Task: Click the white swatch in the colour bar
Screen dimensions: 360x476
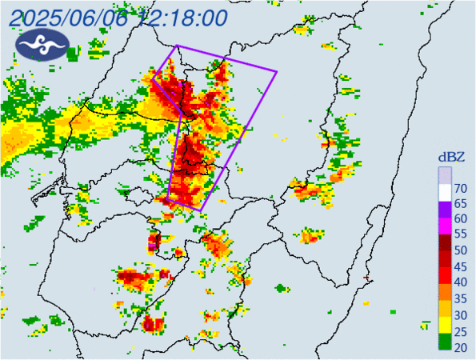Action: tap(445, 192)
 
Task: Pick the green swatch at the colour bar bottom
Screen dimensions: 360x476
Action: tap(445, 344)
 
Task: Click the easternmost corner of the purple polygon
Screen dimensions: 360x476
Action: tap(277, 72)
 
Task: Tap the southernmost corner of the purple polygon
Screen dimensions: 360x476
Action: tap(200, 210)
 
